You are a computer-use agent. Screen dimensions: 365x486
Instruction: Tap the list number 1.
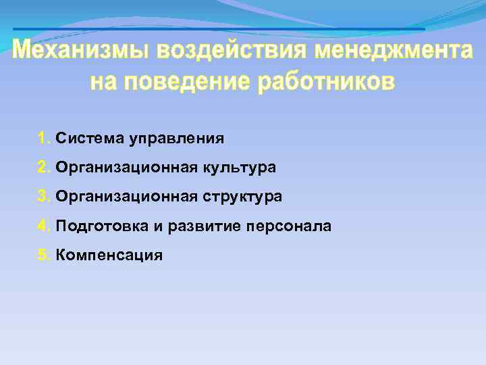[x=44, y=139]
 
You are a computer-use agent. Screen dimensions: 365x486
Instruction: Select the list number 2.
[x=44, y=168]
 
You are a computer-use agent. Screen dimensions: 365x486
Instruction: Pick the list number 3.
[x=44, y=197]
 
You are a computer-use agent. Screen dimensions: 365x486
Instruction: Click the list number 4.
[x=44, y=226]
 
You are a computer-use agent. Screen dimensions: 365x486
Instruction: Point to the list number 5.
[x=44, y=255]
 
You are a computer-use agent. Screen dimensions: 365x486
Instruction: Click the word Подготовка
[x=101, y=226]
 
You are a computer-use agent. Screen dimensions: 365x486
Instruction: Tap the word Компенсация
[x=109, y=255]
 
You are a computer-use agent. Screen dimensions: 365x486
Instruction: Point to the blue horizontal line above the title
[x=219, y=29]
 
